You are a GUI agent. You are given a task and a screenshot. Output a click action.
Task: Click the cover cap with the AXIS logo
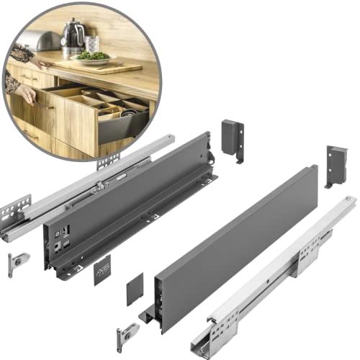(x=103, y=269)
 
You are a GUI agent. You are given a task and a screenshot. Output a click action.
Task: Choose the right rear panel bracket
(x=336, y=164)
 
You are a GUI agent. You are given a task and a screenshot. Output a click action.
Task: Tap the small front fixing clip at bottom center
(x=127, y=334)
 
